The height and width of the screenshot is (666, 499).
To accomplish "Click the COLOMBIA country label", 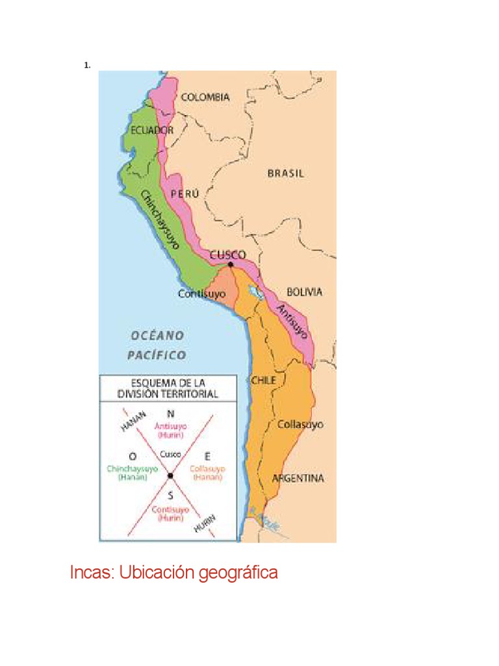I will [205, 97].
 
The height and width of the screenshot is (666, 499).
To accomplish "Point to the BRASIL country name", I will [286, 174].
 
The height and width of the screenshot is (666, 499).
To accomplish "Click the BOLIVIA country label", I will [304, 292].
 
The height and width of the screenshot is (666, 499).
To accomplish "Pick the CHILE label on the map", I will [263, 380].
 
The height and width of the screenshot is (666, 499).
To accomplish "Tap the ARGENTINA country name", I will [298, 478].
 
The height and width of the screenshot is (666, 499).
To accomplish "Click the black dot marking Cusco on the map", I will [231, 264].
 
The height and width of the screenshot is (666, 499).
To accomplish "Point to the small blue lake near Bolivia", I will [257, 293].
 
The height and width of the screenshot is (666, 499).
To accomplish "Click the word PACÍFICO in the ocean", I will [157, 355].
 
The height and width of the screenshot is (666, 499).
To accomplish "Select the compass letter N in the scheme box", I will [170, 414].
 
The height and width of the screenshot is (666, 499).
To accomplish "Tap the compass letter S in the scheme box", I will [170, 494].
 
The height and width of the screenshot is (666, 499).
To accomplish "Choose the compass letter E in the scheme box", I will [207, 455].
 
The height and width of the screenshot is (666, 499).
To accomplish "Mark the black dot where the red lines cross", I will [170, 476].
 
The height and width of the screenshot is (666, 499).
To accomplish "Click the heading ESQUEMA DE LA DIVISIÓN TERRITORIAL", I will [168, 388].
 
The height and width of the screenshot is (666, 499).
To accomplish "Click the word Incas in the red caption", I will [92, 573].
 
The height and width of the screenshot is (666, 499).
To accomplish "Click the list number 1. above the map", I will [86, 65].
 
